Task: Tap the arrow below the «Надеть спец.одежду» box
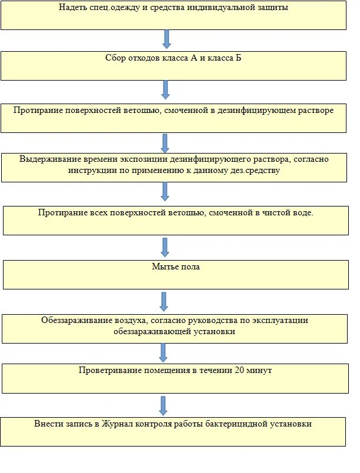[166, 39]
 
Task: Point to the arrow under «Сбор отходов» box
[165, 90]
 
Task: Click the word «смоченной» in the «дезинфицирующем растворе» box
[196, 110]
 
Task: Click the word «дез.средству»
[256, 171]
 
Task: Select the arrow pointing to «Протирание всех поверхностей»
[165, 191]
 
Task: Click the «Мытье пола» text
[175, 267]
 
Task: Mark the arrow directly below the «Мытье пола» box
[165, 301]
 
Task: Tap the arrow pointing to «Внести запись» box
[164, 405]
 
